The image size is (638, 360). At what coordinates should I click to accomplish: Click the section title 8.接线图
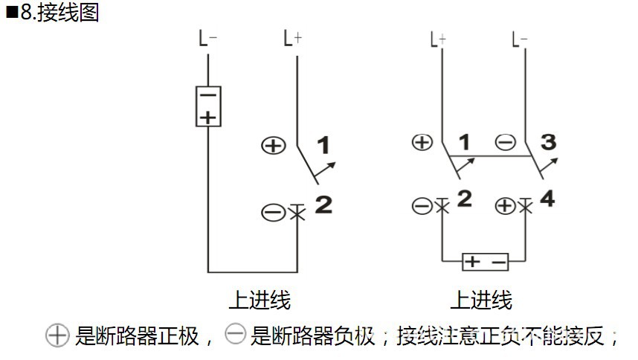pyautogui.click(x=55, y=13)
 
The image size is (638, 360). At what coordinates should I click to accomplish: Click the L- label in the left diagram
pyautogui.click(x=207, y=39)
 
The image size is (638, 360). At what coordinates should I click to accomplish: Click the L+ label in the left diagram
pyautogui.click(x=293, y=39)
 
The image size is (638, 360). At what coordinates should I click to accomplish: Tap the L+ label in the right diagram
pyautogui.click(x=439, y=39)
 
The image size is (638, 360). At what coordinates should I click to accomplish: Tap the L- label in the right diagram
pyautogui.click(x=520, y=39)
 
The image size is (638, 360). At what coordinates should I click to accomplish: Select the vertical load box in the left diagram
pyautogui.click(x=208, y=106)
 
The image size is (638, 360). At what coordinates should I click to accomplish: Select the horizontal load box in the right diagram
pyautogui.click(x=485, y=262)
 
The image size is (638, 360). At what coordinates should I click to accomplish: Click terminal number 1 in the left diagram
pyautogui.click(x=324, y=145)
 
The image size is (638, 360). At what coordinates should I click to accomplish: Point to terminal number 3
pyautogui.click(x=548, y=141)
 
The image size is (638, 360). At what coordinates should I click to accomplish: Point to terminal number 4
pyautogui.click(x=547, y=199)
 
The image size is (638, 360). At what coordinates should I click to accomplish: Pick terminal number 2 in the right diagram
pyautogui.click(x=464, y=199)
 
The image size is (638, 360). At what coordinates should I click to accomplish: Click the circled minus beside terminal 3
pyautogui.click(x=505, y=143)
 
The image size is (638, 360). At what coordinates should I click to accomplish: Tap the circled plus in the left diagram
pyautogui.click(x=274, y=145)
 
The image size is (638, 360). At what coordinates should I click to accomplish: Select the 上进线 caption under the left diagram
pyautogui.click(x=259, y=300)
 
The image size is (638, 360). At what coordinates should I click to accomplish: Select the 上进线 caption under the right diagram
pyautogui.click(x=481, y=300)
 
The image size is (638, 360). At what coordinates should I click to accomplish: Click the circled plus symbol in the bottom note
pyautogui.click(x=57, y=336)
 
